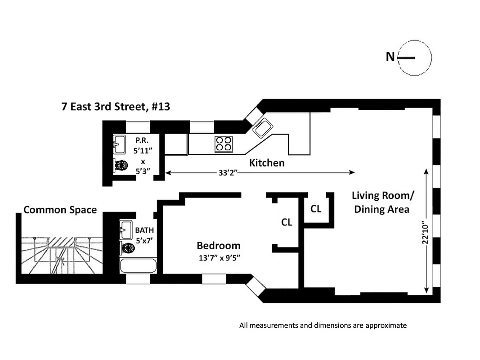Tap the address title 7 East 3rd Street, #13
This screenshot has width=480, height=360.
pos(116,107)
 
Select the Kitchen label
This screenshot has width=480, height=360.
pos(267,162)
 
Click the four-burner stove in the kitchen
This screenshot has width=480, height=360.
pos(224,144)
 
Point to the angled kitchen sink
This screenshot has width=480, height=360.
pos(261,128)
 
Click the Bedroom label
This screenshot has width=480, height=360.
pos(218,246)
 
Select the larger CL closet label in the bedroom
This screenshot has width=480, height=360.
pos(286,222)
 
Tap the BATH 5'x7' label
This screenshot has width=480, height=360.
pos(144,235)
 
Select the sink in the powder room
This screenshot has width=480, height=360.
pos(119,144)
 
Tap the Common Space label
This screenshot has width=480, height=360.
pos(60,210)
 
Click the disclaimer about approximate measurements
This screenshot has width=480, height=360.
pos(323,325)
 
